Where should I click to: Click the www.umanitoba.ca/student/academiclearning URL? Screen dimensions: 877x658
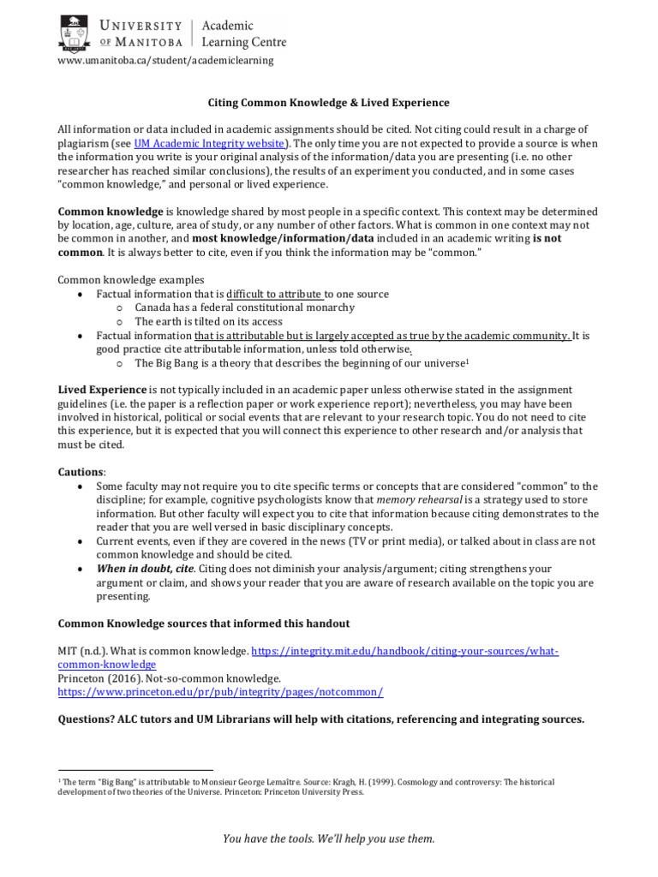(x=165, y=61)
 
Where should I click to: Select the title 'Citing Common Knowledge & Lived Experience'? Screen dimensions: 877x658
(x=329, y=103)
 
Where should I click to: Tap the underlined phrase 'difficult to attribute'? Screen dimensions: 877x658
(x=274, y=294)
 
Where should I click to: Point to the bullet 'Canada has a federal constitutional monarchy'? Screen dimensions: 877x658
(x=245, y=307)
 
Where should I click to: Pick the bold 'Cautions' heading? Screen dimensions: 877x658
(x=81, y=473)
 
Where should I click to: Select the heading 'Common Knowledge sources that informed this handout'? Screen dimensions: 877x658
(x=203, y=623)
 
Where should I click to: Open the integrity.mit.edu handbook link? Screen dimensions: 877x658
(x=403, y=652)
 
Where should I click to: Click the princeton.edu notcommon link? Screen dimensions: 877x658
(x=220, y=692)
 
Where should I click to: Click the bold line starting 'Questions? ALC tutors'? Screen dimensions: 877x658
(x=320, y=719)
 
